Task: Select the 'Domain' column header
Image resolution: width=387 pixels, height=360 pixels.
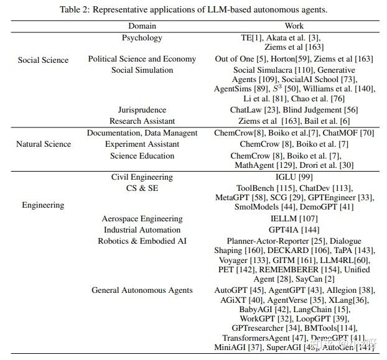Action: point(142,26)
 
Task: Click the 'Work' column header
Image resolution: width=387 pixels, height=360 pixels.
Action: point(294,26)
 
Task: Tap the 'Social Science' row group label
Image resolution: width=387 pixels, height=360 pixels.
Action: point(43,60)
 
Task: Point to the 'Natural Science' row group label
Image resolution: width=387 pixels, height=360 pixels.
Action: point(44,144)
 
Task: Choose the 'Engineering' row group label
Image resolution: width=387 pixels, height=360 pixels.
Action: point(43,205)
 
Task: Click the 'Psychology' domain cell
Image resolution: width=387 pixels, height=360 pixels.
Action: point(142,38)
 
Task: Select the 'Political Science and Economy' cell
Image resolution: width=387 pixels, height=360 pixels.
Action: point(142,59)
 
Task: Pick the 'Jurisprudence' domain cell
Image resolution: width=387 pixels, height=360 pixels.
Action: point(142,110)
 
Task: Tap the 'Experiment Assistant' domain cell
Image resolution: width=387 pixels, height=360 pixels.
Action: point(142,144)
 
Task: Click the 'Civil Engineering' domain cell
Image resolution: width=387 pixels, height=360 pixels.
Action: point(142,177)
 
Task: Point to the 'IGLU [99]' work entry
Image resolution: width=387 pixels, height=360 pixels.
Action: point(294,177)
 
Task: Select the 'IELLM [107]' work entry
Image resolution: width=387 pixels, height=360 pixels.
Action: point(294,219)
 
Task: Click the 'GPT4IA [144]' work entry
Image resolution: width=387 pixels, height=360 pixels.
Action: point(294,230)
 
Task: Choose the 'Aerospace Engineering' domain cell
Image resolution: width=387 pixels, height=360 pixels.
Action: point(142,219)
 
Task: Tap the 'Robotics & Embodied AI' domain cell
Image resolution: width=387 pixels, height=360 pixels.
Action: point(142,241)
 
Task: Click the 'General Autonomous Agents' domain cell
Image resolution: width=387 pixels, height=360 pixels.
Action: point(142,290)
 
